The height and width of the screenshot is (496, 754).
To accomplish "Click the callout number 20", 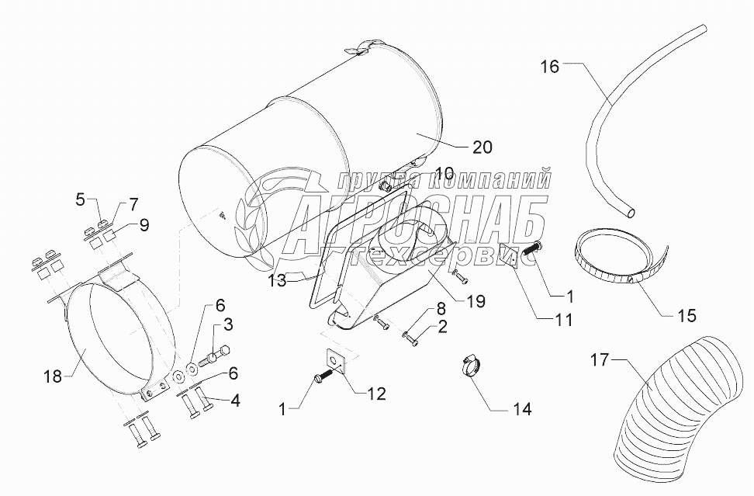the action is (x=482, y=147).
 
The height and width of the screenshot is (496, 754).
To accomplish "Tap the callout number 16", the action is (x=550, y=67).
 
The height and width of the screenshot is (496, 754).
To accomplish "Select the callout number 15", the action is (x=687, y=316).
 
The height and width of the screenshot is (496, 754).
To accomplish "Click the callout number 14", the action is (x=522, y=409).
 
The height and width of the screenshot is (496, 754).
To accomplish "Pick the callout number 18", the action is (x=53, y=376).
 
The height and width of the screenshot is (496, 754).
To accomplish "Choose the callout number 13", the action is (x=278, y=280).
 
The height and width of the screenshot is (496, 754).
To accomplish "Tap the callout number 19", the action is (x=476, y=302).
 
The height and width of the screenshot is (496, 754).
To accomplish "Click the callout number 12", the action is (x=376, y=394).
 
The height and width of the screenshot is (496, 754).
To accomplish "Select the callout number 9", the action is (x=144, y=224).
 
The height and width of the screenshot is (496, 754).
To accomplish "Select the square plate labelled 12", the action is (x=334, y=359).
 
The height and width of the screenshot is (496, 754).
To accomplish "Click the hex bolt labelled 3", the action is (x=212, y=359).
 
